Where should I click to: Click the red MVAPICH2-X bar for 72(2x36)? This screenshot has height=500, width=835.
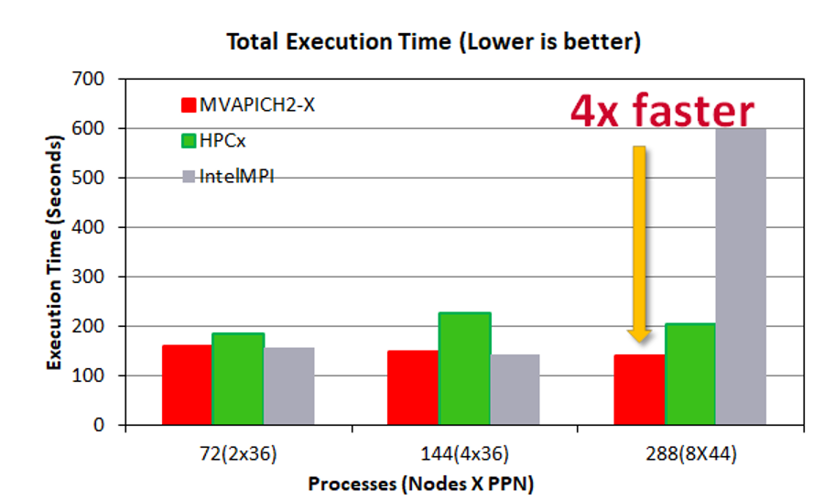[x=187, y=385]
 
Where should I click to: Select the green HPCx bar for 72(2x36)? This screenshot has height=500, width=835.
[x=238, y=379]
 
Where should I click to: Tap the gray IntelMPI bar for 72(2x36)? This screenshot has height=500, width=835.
[x=289, y=386]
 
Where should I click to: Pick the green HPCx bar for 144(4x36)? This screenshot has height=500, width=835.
[x=464, y=369]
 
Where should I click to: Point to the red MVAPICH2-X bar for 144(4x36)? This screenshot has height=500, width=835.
[x=413, y=387]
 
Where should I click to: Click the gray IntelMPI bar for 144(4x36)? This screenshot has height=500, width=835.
[x=515, y=389]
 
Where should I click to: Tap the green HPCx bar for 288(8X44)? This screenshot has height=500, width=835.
[x=689, y=375]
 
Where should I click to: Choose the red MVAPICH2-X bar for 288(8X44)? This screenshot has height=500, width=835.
[x=639, y=389]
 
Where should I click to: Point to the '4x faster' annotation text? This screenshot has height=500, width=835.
[x=663, y=110]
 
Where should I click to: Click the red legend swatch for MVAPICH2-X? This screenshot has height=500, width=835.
[x=190, y=104]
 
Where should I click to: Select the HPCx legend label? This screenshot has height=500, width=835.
[x=222, y=139]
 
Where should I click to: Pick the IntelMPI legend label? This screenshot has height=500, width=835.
[x=237, y=175]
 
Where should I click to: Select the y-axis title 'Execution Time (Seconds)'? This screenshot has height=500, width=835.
[x=56, y=252]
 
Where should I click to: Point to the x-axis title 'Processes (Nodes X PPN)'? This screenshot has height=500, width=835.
[x=420, y=484]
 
